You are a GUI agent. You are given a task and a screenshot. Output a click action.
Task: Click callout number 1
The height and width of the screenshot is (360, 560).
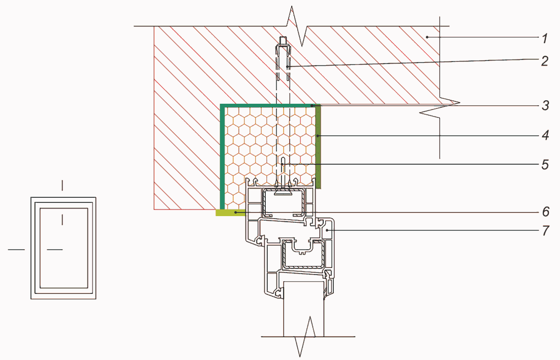click(x=544, y=38)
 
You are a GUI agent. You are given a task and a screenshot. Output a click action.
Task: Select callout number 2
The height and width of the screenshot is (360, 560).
click(x=544, y=61)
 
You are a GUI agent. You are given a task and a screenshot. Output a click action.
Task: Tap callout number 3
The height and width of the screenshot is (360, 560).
click(x=545, y=106)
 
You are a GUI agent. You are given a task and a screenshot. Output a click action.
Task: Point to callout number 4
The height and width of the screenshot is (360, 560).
click(x=545, y=135)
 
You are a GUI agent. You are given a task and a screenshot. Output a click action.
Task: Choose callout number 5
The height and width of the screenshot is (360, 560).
click(x=545, y=164)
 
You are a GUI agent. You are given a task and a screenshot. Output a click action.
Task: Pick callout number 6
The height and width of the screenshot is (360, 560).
click(x=545, y=212)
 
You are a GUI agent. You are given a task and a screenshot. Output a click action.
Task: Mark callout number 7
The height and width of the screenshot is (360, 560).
click(x=545, y=230)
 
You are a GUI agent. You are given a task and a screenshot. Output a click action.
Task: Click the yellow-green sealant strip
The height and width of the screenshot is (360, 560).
click(x=230, y=213)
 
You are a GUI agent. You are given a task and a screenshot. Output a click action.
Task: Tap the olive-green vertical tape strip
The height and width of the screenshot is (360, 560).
click(x=318, y=147)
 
